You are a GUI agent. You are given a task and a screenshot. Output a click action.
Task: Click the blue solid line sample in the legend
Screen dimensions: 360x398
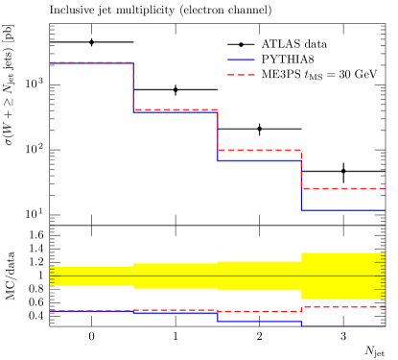241,60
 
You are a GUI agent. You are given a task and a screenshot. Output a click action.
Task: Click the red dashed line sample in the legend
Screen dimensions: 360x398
241,75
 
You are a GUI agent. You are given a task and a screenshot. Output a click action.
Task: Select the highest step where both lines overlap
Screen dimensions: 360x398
91,62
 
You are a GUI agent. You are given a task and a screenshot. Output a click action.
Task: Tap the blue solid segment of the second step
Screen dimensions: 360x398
176,113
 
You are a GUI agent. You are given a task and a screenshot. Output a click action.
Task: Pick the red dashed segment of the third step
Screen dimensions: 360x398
259,150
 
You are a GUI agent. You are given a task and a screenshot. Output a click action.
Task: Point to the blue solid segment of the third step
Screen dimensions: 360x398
259,160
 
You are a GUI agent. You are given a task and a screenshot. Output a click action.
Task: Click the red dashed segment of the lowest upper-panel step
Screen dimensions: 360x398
343,188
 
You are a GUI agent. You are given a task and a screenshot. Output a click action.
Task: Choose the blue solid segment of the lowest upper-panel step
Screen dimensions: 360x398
343,209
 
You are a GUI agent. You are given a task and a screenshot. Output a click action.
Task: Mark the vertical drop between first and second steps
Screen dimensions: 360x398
133,87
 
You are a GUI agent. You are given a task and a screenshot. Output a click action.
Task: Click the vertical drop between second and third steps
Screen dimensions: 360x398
218,134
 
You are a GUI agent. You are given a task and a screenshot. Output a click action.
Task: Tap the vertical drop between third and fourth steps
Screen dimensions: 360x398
301,182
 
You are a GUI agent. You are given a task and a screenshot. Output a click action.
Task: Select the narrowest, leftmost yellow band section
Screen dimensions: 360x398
92,276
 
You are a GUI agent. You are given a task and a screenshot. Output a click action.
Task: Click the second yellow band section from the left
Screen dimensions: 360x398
176,276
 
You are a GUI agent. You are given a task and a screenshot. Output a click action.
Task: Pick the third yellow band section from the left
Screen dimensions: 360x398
259,276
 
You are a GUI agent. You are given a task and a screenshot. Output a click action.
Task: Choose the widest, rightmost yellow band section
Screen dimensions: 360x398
343,276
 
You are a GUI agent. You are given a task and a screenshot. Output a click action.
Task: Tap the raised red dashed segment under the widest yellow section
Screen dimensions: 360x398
343,306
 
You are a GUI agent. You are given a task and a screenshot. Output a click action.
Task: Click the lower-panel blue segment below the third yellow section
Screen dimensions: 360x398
259,321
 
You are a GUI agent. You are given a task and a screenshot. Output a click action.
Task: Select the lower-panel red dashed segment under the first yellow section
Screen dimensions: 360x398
92,310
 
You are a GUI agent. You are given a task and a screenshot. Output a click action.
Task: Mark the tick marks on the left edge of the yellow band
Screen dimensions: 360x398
52,276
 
